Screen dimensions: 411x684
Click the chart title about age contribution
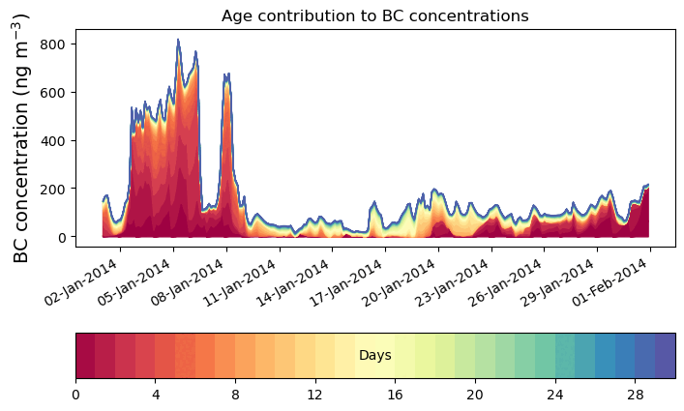[x=374, y=15]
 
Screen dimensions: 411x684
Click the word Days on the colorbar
[x=374, y=356]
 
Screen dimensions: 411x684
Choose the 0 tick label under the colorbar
[x=75, y=395]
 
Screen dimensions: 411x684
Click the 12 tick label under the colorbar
[x=315, y=395]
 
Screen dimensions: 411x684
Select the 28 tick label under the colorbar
[x=635, y=395]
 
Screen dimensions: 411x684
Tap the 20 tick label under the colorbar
[x=475, y=395]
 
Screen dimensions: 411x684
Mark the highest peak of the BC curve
[x=178, y=41]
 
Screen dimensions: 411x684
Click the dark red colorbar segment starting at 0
[x=85, y=356]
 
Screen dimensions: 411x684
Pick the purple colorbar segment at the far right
[x=665, y=356]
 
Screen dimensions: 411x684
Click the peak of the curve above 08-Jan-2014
[x=226, y=73]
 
